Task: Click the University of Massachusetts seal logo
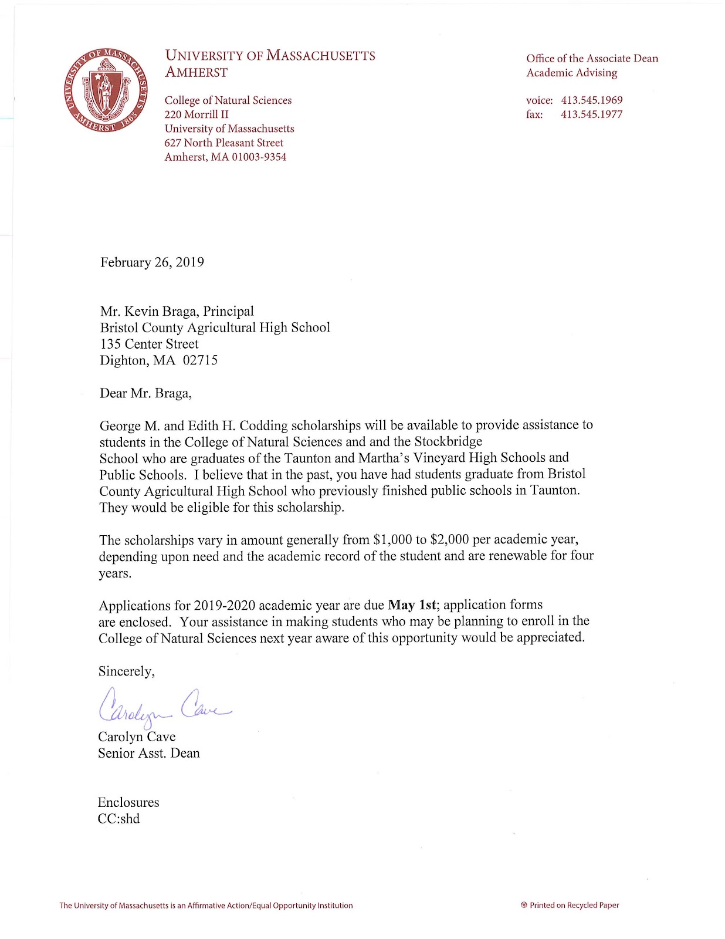(106, 90)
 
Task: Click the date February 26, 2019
(152, 262)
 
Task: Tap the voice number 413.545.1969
(591, 100)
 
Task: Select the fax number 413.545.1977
(591, 114)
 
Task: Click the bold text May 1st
(412, 605)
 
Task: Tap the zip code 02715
(200, 360)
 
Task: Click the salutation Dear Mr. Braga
(145, 393)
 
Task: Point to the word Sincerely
(126, 671)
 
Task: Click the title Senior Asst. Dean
(148, 753)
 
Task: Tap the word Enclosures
(128, 802)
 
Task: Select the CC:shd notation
(118, 819)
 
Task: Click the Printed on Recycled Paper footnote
(570, 905)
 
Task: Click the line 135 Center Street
(149, 344)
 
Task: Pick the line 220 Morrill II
(197, 114)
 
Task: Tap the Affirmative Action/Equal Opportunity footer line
(206, 906)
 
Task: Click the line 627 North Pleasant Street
(223, 143)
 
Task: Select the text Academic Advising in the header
(571, 73)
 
